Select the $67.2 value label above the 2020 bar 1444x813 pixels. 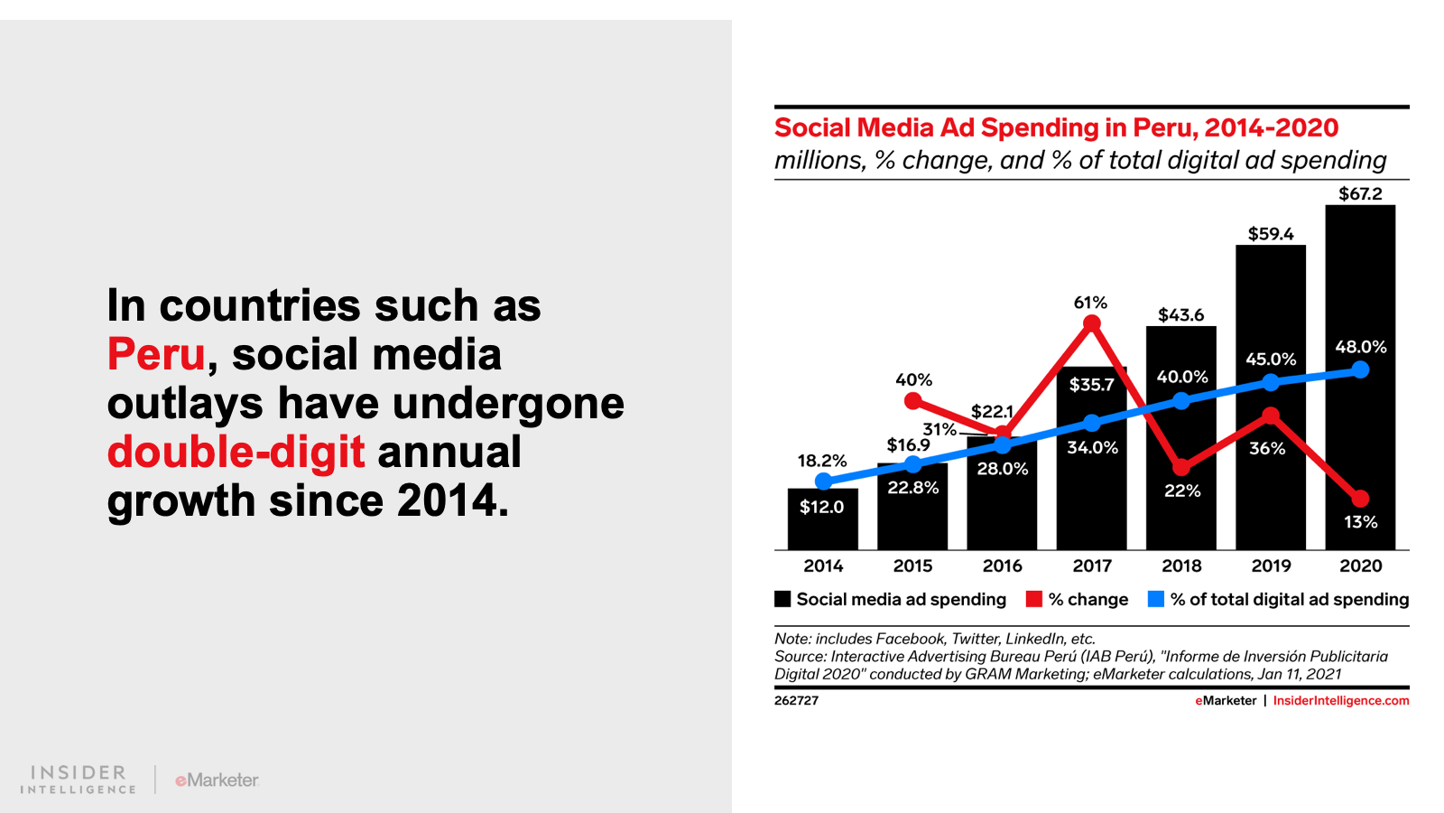[x=1360, y=193]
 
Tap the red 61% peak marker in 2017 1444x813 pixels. [x=1091, y=323]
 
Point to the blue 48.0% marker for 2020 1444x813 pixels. [x=1360, y=369]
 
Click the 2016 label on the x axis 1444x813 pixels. [x=1002, y=565]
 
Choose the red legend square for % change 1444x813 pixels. [x=1034, y=599]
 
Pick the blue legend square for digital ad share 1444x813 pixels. [x=1155, y=599]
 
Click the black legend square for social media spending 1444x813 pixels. [x=782, y=599]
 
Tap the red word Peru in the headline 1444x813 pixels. [x=156, y=354]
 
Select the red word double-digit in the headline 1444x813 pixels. [x=236, y=452]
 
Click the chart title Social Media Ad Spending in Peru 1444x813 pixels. [x=1056, y=127]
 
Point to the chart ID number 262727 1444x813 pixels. [x=796, y=700]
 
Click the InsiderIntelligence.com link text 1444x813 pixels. [x=1340, y=700]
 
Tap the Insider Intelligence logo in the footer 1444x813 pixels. [x=79, y=779]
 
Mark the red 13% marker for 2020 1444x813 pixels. [x=1360, y=499]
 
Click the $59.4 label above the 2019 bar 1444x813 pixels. [x=1271, y=234]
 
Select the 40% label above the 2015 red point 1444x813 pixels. [x=913, y=380]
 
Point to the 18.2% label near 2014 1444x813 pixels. [x=821, y=461]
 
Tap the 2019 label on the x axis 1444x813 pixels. [x=1271, y=565]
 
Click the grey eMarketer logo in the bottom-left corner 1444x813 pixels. [x=217, y=780]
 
